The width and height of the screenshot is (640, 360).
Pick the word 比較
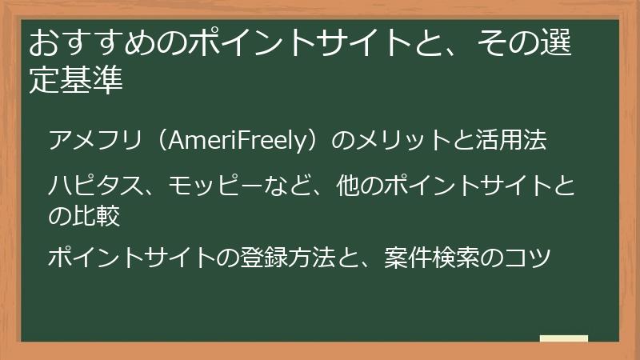(97, 214)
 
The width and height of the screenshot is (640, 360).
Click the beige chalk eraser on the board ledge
(563, 339)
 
